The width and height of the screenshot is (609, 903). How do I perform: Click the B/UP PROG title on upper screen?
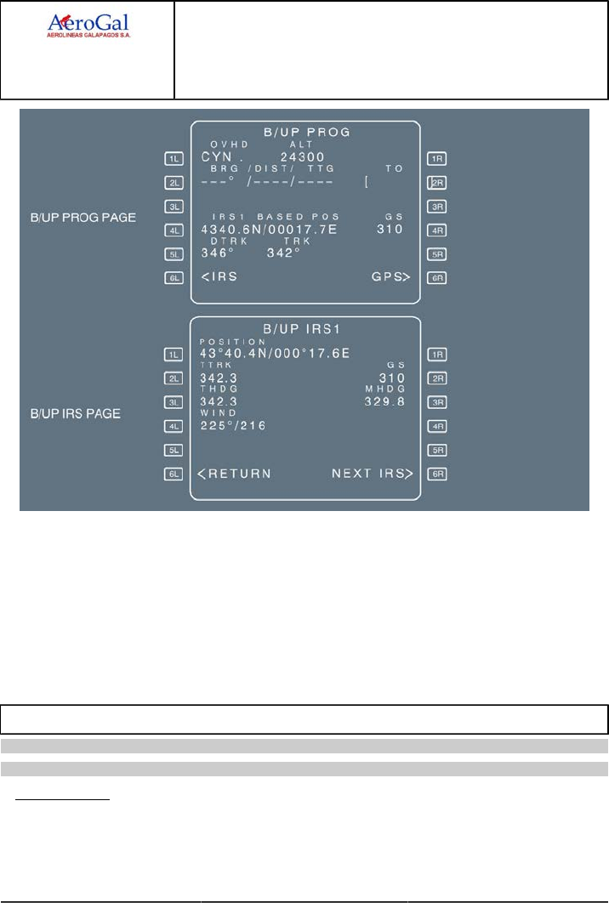305,132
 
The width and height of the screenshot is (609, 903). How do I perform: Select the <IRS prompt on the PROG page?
219,276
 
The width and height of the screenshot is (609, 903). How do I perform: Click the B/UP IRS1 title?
305,327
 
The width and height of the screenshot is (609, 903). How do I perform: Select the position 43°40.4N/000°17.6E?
276,353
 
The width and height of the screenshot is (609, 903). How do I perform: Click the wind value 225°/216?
232,425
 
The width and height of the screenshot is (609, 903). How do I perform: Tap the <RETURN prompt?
234,474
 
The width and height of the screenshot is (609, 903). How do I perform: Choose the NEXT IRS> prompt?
372,474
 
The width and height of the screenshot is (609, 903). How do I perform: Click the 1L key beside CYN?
174,158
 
